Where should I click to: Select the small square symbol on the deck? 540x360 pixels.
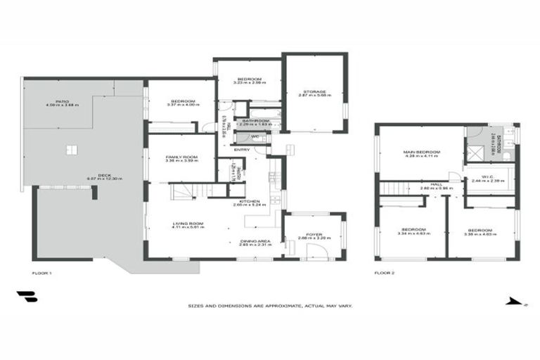click(x=70, y=149)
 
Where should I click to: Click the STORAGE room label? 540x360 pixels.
click(x=314, y=91)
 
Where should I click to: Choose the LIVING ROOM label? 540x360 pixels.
click(x=188, y=224)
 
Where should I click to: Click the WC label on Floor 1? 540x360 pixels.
click(x=255, y=136)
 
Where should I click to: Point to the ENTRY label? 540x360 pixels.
click(x=242, y=149)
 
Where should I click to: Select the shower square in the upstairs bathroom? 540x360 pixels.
click(x=476, y=150)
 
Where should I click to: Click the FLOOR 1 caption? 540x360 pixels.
click(x=42, y=272)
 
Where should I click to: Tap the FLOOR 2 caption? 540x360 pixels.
click(x=383, y=272)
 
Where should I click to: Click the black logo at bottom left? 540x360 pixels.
click(x=26, y=297)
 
